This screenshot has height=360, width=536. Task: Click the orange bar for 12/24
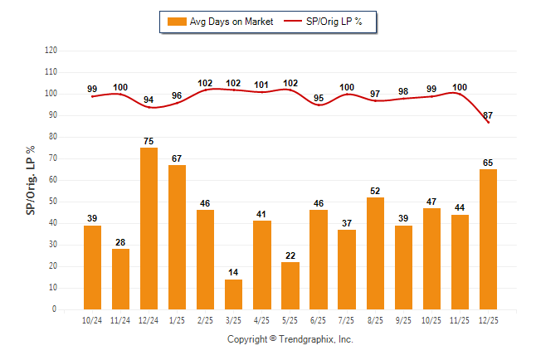tap(149, 228)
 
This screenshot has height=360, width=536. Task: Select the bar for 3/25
tap(233, 294)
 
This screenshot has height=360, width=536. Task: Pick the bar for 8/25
tap(374, 253)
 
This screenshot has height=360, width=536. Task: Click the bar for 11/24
tap(120, 279)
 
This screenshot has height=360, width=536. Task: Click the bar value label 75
tap(149, 141)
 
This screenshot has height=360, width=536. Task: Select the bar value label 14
tap(233, 273)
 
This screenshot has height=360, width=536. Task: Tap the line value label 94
tap(149, 100)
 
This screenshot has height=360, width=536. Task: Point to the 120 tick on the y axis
tap(51, 50)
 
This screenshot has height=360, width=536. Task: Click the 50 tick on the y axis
tap(53, 202)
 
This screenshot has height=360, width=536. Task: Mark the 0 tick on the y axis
tap(55, 309)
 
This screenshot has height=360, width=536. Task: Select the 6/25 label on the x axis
tap(318, 321)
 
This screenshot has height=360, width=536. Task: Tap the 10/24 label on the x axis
tap(92, 321)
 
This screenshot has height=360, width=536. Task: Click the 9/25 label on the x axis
tap(402, 321)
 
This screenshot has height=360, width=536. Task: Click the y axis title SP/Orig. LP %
tap(31, 180)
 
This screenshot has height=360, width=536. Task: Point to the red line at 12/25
tap(488, 122)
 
